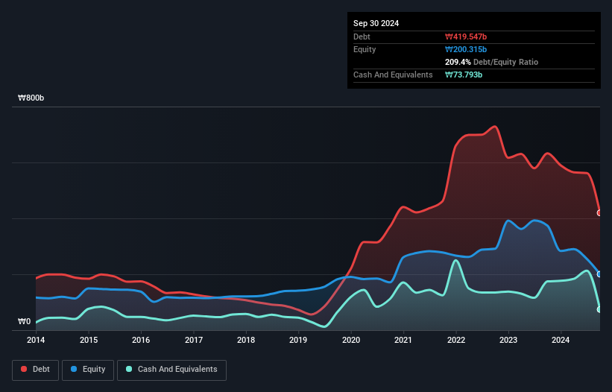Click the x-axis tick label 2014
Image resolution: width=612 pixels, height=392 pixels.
click(36, 341)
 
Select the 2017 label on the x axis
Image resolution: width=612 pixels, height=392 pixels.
click(193, 341)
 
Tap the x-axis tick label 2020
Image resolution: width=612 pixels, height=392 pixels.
click(351, 341)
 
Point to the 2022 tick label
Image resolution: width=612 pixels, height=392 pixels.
click(455, 341)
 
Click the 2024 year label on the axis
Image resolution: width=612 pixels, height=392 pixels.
click(561, 341)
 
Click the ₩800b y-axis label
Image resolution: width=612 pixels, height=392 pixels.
click(32, 98)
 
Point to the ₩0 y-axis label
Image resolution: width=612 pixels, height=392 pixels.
click(25, 322)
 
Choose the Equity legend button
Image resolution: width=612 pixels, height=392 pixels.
click(88, 369)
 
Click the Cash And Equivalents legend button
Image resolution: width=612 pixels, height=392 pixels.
click(171, 369)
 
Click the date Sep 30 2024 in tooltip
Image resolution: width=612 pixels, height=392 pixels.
click(376, 23)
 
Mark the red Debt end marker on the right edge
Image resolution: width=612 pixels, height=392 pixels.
click(599, 213)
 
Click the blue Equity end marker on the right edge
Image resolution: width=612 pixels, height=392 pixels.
click(599, 274)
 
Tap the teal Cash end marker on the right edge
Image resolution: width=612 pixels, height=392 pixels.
click(599, 309)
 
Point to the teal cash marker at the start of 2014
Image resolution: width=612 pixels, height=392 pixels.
click(37, 323)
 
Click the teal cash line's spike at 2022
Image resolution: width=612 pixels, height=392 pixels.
click(455, 261)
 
